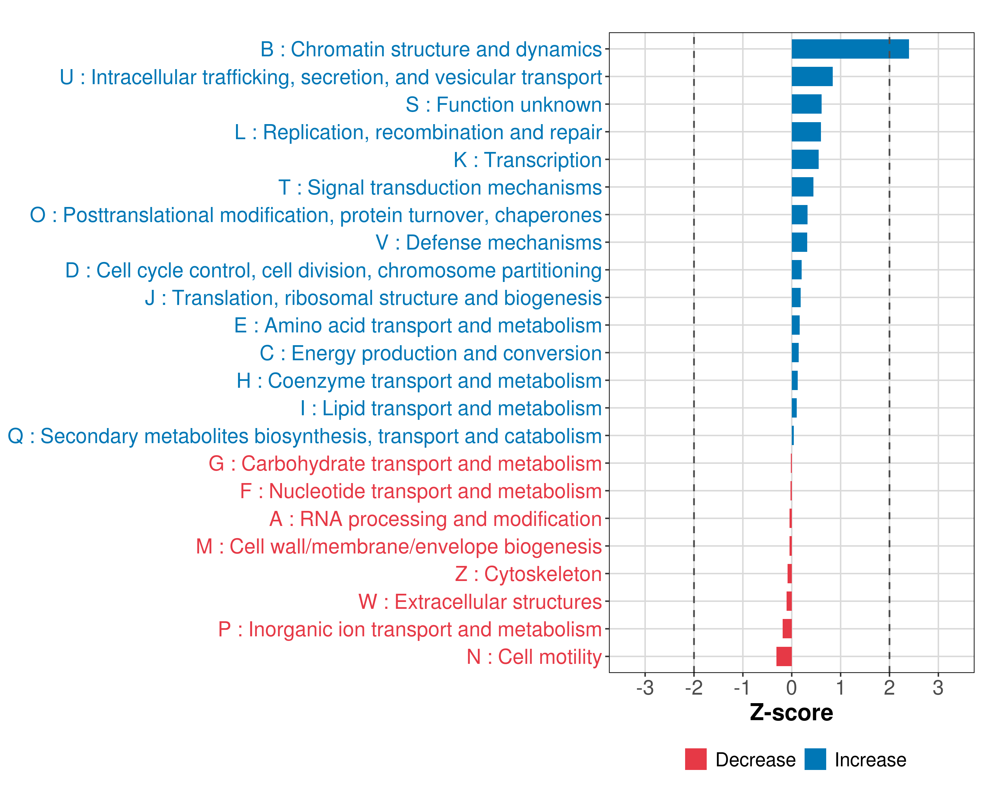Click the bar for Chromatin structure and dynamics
850,49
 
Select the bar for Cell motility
784,657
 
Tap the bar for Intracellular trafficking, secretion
812,77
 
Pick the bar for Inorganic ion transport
787,629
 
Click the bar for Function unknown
806,104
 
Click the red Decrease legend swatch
696,759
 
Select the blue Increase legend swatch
815,759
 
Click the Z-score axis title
791,713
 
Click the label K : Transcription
527,160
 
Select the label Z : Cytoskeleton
528,574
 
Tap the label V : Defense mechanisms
489,243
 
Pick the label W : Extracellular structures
480,602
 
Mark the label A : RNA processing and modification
435,519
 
